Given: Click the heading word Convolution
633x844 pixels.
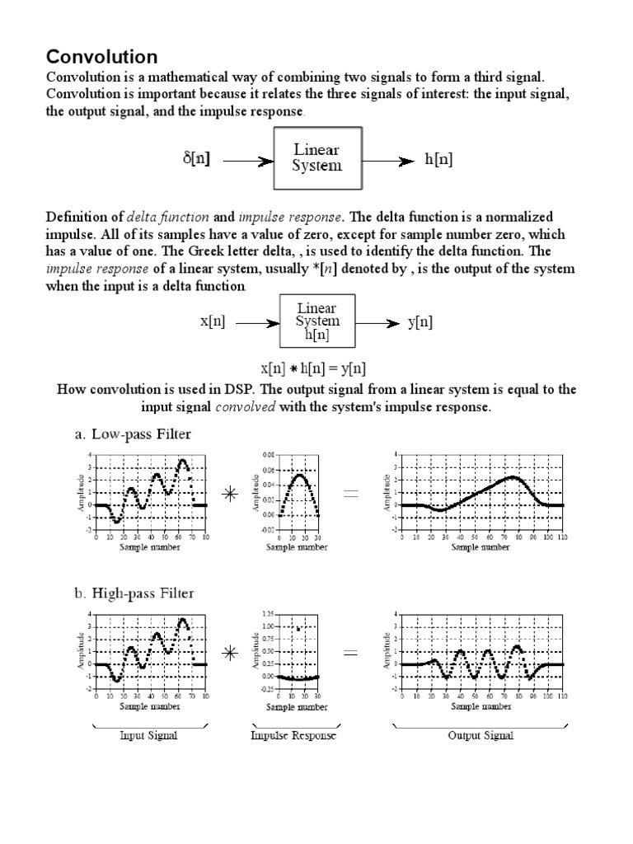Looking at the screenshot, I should [x=101, y=57].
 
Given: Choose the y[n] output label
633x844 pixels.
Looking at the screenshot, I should [x=420, y=322].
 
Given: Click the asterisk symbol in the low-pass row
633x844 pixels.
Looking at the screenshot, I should [x=230, y=494].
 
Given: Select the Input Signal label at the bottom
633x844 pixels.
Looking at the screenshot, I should [x=149, y=735].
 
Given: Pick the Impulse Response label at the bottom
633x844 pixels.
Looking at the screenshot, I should [x=293, y=735].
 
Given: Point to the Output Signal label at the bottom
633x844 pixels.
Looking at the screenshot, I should [x=481, y=735].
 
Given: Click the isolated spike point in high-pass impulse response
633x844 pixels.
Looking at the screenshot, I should [x=298, y=629].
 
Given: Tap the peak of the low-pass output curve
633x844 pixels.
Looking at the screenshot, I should [x=513, y=476].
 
